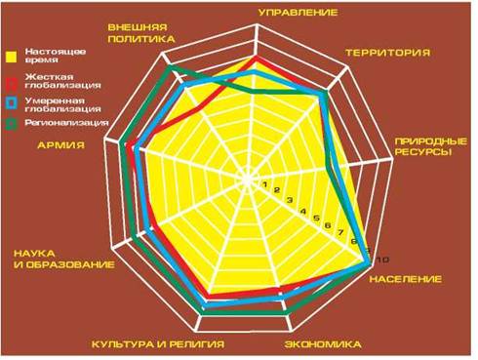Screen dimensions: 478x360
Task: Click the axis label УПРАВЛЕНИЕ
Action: point(298,13)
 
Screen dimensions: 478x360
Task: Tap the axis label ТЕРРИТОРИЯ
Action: point(387,53)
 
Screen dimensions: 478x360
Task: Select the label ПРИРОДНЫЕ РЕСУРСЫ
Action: point(431,146)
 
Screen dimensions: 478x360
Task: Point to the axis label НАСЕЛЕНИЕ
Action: point(406,279)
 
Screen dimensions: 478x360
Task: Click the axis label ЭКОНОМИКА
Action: point(323,344)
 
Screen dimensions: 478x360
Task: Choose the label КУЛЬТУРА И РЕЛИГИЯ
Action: point(158,344)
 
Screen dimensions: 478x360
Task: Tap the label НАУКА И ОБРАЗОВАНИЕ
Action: point(64,259)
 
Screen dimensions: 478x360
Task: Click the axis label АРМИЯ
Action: point(61,144)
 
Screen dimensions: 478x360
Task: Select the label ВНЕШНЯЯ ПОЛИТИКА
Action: point(141,33)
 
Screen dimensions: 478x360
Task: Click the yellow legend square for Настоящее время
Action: point(12,57)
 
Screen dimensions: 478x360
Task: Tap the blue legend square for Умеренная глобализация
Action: point(12,103)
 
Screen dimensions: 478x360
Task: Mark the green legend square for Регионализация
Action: point(12,124)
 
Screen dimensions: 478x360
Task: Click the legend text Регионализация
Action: point(66,123)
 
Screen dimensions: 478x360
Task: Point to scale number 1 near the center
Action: point(265,184)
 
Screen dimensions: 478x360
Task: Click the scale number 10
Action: point(382,260)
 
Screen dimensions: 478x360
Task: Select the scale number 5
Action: point(316,218)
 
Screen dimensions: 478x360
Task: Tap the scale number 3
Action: point(290,200)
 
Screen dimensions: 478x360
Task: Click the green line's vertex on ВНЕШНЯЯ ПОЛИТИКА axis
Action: point(168,67)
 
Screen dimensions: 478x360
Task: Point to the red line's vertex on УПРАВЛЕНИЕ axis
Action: point(256,59)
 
